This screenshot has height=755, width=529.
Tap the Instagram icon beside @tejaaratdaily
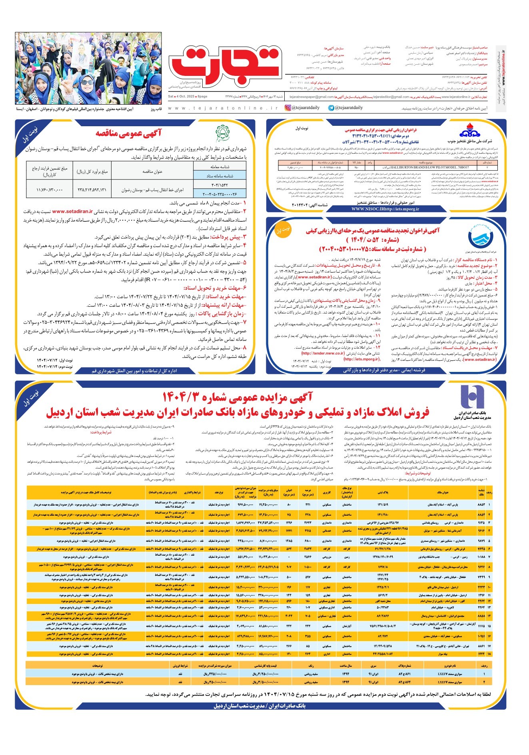pyautogui.click(x=288, y=107)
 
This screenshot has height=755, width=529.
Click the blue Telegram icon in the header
pyautogui.click(x=331, y=107)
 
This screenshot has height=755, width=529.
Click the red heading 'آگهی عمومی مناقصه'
pyautogui.click(x=128, y=133)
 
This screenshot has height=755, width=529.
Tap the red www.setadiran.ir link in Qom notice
pyautogui.click(x=72, y=211)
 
